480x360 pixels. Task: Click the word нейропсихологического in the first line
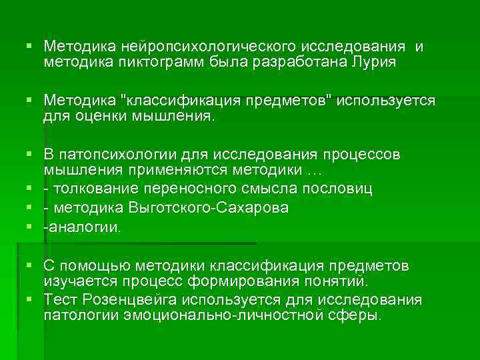pyautogui.click(x=203, y=47)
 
